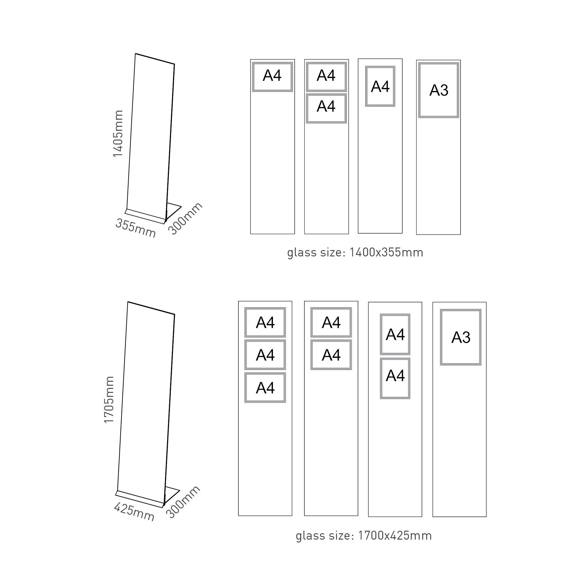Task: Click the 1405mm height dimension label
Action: (118, 134)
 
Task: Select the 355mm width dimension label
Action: (135, 228)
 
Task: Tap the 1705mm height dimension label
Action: (109, 400)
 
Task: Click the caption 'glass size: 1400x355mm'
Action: (355, 253)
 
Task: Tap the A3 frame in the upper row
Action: (438, 90)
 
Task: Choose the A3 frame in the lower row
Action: (461, 337)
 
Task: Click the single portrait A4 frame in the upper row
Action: (380, 86)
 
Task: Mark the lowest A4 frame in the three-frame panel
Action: (265, 388)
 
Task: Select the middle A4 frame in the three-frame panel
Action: (265, 355)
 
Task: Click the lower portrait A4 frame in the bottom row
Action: (395, 378)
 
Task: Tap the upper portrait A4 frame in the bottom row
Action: (395, 334)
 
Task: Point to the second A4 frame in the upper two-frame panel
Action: (326, 108)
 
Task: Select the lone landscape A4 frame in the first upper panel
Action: (272, 77)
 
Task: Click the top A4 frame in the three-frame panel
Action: (265, 322)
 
